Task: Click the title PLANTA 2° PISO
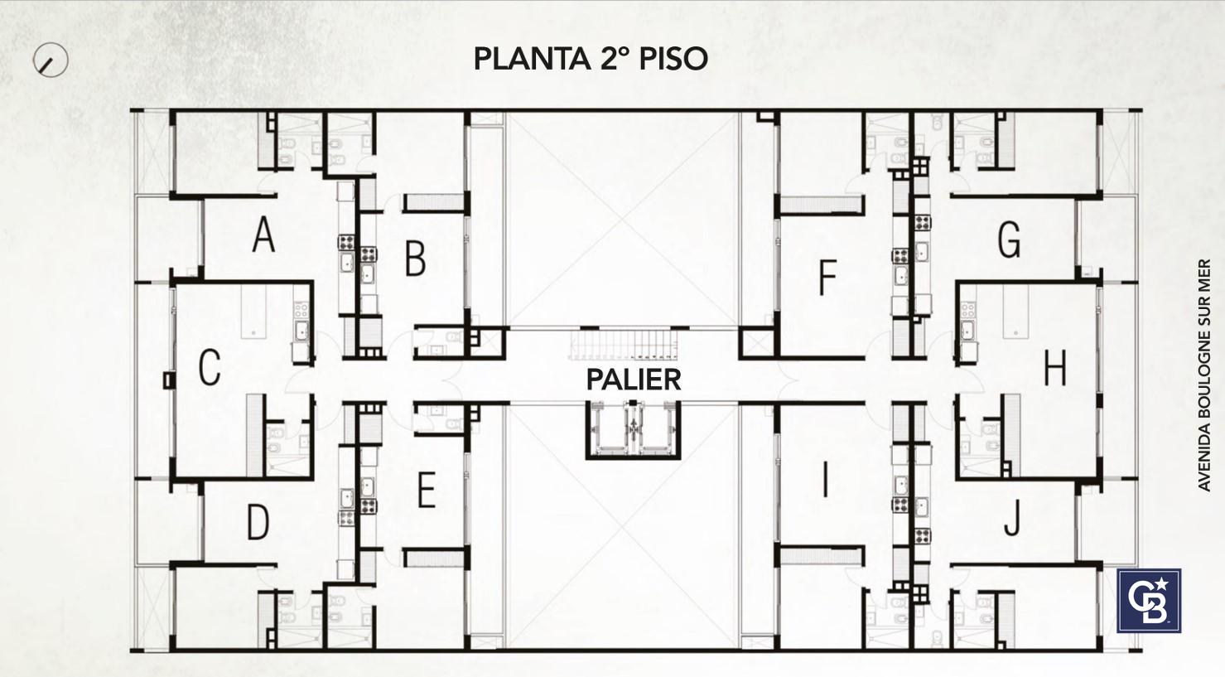[x=591, y=59]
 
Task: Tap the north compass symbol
[x=51, y=60]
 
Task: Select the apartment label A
[x=263, y=235]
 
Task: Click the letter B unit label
[x=415, y=259]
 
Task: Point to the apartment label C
[x=210, y=368]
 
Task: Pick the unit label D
[x=258, y=522]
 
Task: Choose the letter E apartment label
[x=427, y=490]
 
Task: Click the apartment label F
[x=828, y=278]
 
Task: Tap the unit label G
[x=1009, y=239]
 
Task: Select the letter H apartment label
[x=1055, y=368]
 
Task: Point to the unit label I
[x=825, y=480]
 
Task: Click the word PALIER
[x=634, y=380]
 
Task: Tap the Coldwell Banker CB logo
[x=1149, y=601]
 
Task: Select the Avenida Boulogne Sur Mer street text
[x=1204, y=375]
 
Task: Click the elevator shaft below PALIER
[x=633, y=430]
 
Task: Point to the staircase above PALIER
[x=624, y=345]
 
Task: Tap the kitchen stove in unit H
[x=968, y=310]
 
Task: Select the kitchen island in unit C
[x=253, y=312]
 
